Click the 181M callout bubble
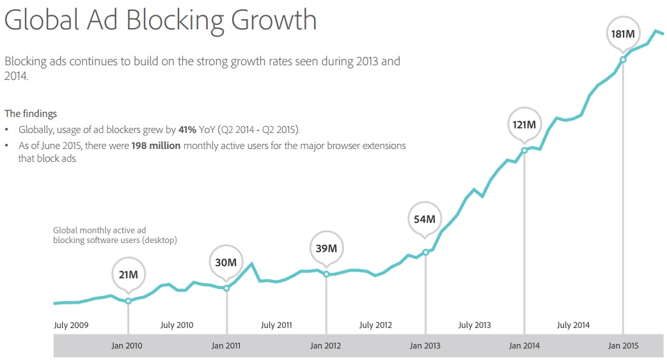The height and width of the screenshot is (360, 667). coord(622,33)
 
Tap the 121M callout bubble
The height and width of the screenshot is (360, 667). coord(524,124)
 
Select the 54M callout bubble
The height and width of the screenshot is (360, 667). coord(425,219)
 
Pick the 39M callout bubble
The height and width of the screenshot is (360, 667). coord(326,248)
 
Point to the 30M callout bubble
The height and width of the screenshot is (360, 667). coord(226,262)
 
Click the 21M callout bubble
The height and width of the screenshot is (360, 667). coord(128,275)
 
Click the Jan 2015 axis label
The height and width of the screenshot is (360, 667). coord(623,346)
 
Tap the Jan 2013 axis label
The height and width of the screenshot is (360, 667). coord(425,346)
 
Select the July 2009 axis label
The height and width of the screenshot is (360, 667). coord(71,325)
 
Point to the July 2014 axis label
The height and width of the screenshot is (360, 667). coord(573,325)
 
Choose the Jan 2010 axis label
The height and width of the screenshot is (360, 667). coord(127,346)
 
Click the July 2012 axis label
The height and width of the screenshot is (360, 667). coord(375,325)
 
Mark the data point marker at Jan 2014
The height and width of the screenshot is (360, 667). coord(524,151)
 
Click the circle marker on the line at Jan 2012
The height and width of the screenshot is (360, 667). coord(326,274)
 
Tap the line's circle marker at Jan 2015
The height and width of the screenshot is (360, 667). coord(623,60)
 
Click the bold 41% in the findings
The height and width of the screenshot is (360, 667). coord(188,129)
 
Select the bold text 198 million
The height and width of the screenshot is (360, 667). coord(157,146)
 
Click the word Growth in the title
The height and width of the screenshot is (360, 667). coord(274,20)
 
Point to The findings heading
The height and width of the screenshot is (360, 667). coord(31,114)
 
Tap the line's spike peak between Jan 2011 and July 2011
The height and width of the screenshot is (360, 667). coord(252,263)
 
